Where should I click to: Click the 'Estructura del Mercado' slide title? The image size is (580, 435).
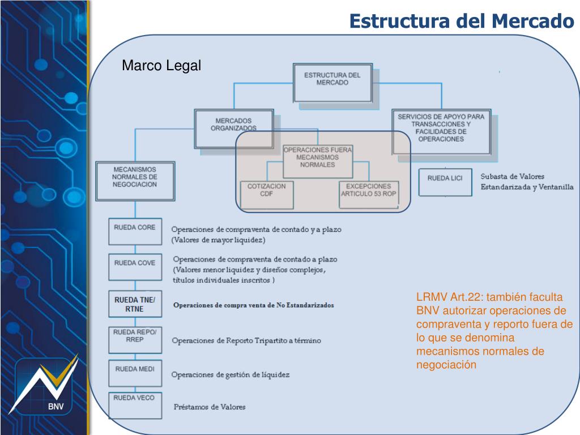point(461,21)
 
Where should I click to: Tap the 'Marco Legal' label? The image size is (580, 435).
point(161,66)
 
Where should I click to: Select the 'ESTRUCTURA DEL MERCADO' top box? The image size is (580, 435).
point(332,82)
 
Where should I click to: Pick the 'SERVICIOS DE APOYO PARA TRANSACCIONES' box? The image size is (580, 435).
point(441,131)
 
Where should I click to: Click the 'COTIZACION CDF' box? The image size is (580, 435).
point(267,193)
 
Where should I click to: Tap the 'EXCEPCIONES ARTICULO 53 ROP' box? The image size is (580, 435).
point(368,193)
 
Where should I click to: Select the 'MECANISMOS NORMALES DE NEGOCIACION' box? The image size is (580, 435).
point(135,180)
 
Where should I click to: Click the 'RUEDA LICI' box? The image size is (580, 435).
point(445,182)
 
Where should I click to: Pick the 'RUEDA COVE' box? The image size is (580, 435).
point(135,267)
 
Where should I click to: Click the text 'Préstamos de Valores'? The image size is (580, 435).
point(210,407)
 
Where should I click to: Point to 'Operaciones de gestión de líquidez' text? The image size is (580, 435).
point(231,374)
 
